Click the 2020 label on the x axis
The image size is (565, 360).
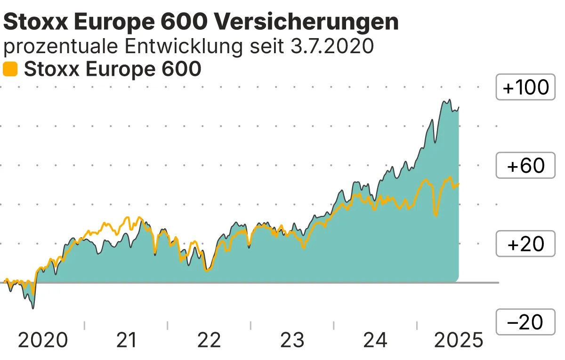(43, 340)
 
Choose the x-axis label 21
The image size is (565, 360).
(126, 340)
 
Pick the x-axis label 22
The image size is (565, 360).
(209, 340)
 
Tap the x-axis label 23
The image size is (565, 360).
(292, 340)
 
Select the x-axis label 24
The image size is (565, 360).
(375, 340)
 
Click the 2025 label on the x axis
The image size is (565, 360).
(458, 340)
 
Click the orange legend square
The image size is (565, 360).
(10, 69)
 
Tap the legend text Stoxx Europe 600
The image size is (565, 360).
(113, 69)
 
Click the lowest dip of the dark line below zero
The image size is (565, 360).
(32, 309)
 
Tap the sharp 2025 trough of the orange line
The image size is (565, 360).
(436, 216)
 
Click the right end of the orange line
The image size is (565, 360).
(459, 184)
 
